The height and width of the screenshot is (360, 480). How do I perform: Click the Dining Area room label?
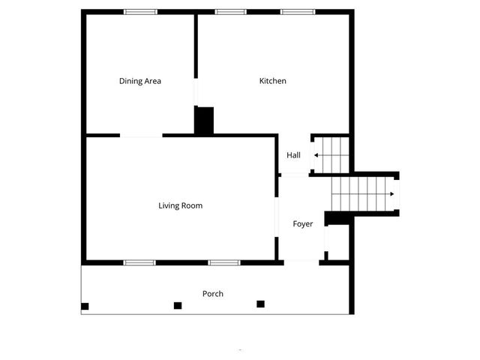coord(140,81)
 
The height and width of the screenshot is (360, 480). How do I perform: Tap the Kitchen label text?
coord(272,81)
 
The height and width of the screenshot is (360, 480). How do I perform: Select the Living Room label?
coord(180,205)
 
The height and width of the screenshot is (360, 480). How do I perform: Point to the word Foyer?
coord(302,224)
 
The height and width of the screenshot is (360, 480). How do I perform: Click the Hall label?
coord(293,155)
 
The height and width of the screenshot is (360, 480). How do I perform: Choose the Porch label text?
coord(213,293)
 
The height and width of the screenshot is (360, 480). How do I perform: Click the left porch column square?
coord(85,306)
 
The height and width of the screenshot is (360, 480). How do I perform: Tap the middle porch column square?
coord(178,305)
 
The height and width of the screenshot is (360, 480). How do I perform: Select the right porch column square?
coord(261,304)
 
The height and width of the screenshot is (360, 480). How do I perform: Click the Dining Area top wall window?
coord(140,12)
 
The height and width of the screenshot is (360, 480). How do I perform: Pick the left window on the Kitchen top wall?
coord(230,12)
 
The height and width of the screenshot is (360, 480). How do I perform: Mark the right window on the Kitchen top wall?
coord(297,12)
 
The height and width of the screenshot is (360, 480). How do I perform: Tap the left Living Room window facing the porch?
coord(139,262)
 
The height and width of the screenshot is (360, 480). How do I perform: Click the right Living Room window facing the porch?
coord(223,262)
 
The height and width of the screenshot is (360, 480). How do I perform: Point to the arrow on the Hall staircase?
coord(318,155)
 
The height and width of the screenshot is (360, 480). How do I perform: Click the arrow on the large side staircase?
coord(391,193)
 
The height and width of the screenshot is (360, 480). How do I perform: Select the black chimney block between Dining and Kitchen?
coord(204,121)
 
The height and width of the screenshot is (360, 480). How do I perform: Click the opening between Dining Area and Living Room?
coord(141,136)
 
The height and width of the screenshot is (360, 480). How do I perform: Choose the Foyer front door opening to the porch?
coord(302,262)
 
